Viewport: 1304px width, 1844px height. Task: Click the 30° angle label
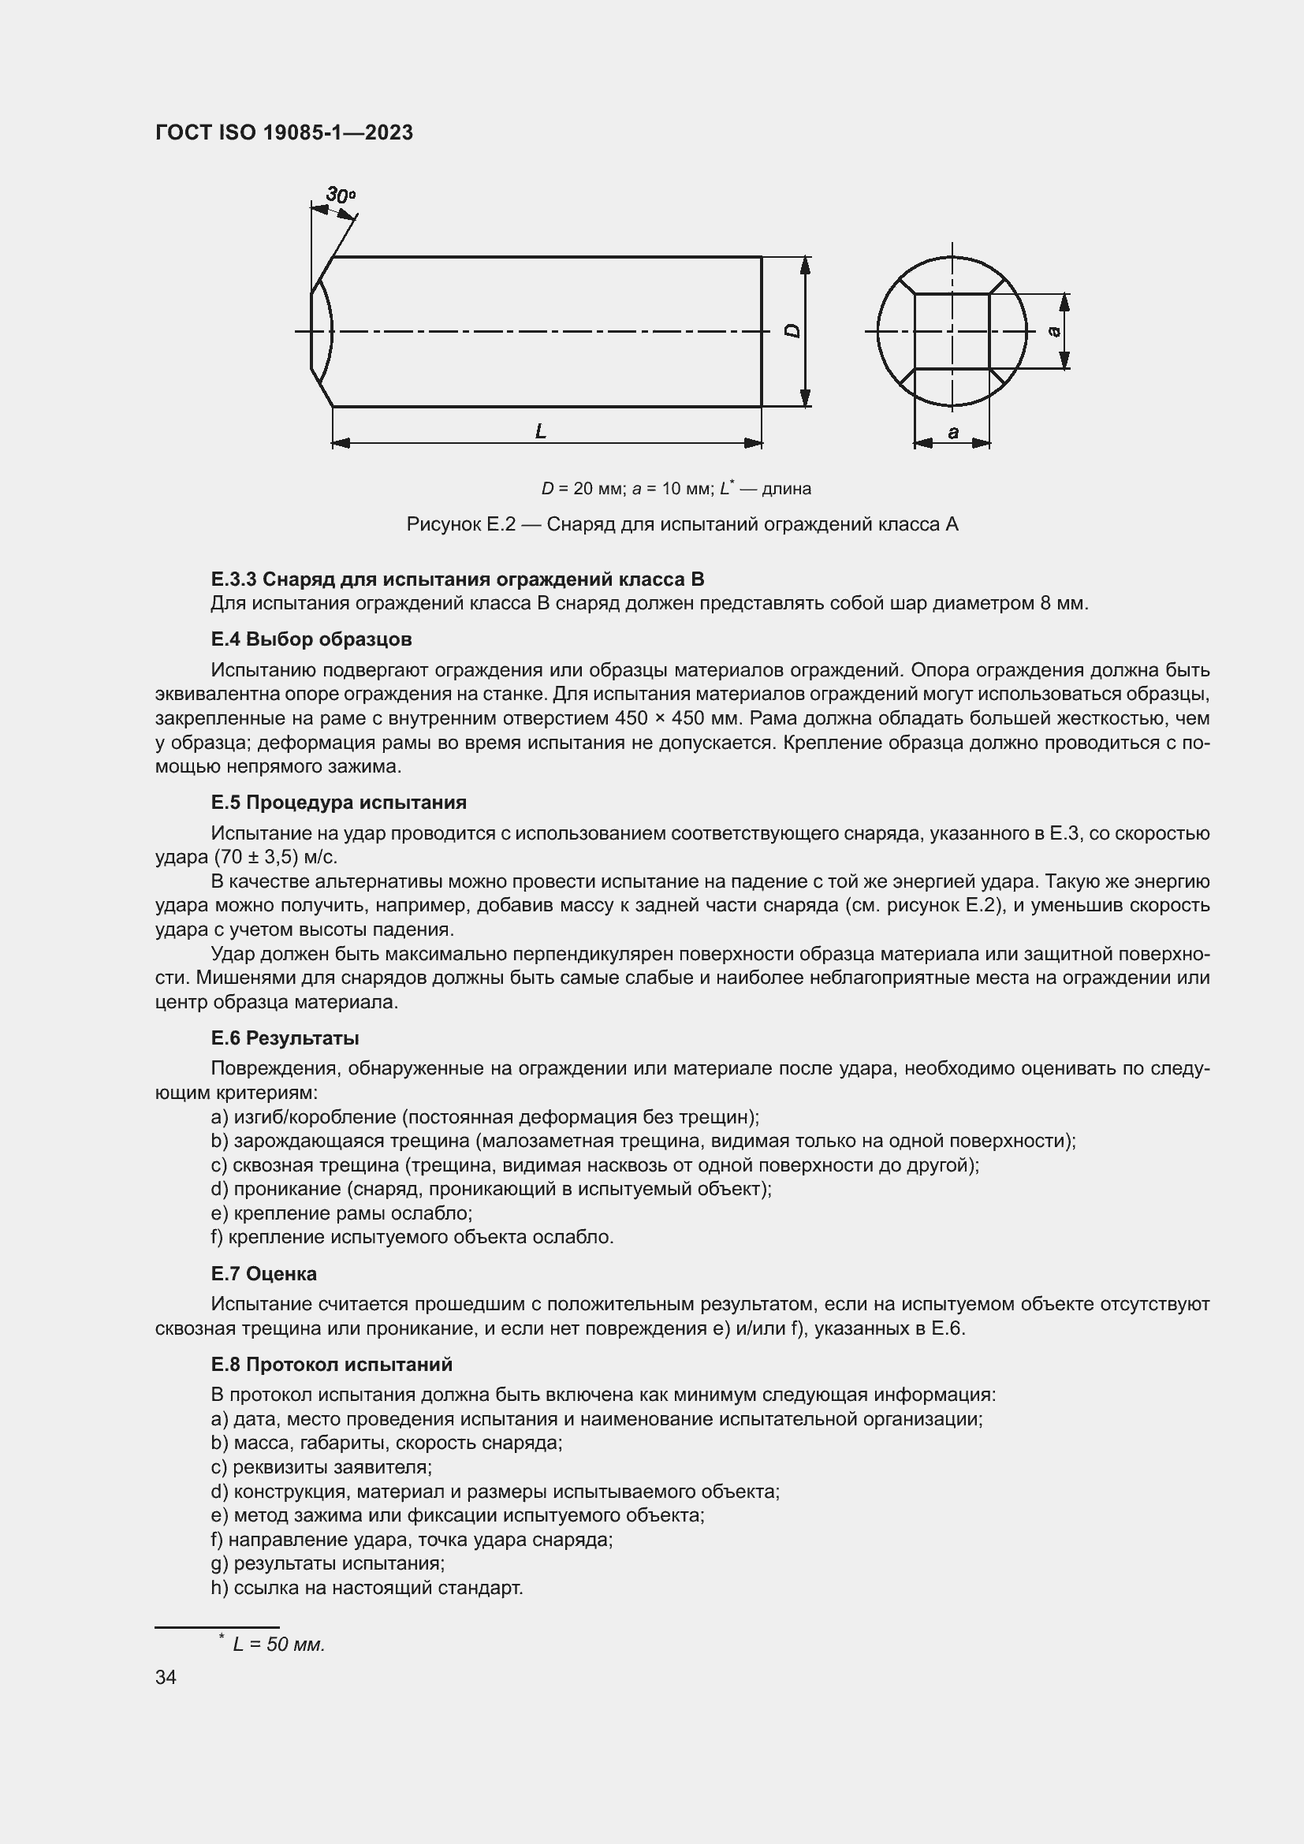(341, 196)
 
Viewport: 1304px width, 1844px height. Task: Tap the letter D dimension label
(792, 331)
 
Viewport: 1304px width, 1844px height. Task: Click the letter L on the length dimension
(541, 431)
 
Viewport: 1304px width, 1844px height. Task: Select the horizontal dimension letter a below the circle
(953, 433)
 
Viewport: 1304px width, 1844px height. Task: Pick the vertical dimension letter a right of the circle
(1055, 331)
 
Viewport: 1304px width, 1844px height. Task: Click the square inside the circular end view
(952, 331)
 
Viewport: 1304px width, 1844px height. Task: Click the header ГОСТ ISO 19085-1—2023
(285, 132)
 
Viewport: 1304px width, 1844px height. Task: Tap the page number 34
(166, 1677)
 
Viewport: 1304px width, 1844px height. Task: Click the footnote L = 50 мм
(278, 1644)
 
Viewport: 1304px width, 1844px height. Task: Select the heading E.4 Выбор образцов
(311, 639)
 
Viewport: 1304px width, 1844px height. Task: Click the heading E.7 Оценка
(263, 1273)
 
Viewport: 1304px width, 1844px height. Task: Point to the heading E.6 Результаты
(285, 1037)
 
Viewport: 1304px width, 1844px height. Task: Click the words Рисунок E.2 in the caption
(460, 524)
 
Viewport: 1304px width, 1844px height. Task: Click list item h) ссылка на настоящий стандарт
(366, 1588)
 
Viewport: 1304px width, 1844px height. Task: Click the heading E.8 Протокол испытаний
(332, 1365)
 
